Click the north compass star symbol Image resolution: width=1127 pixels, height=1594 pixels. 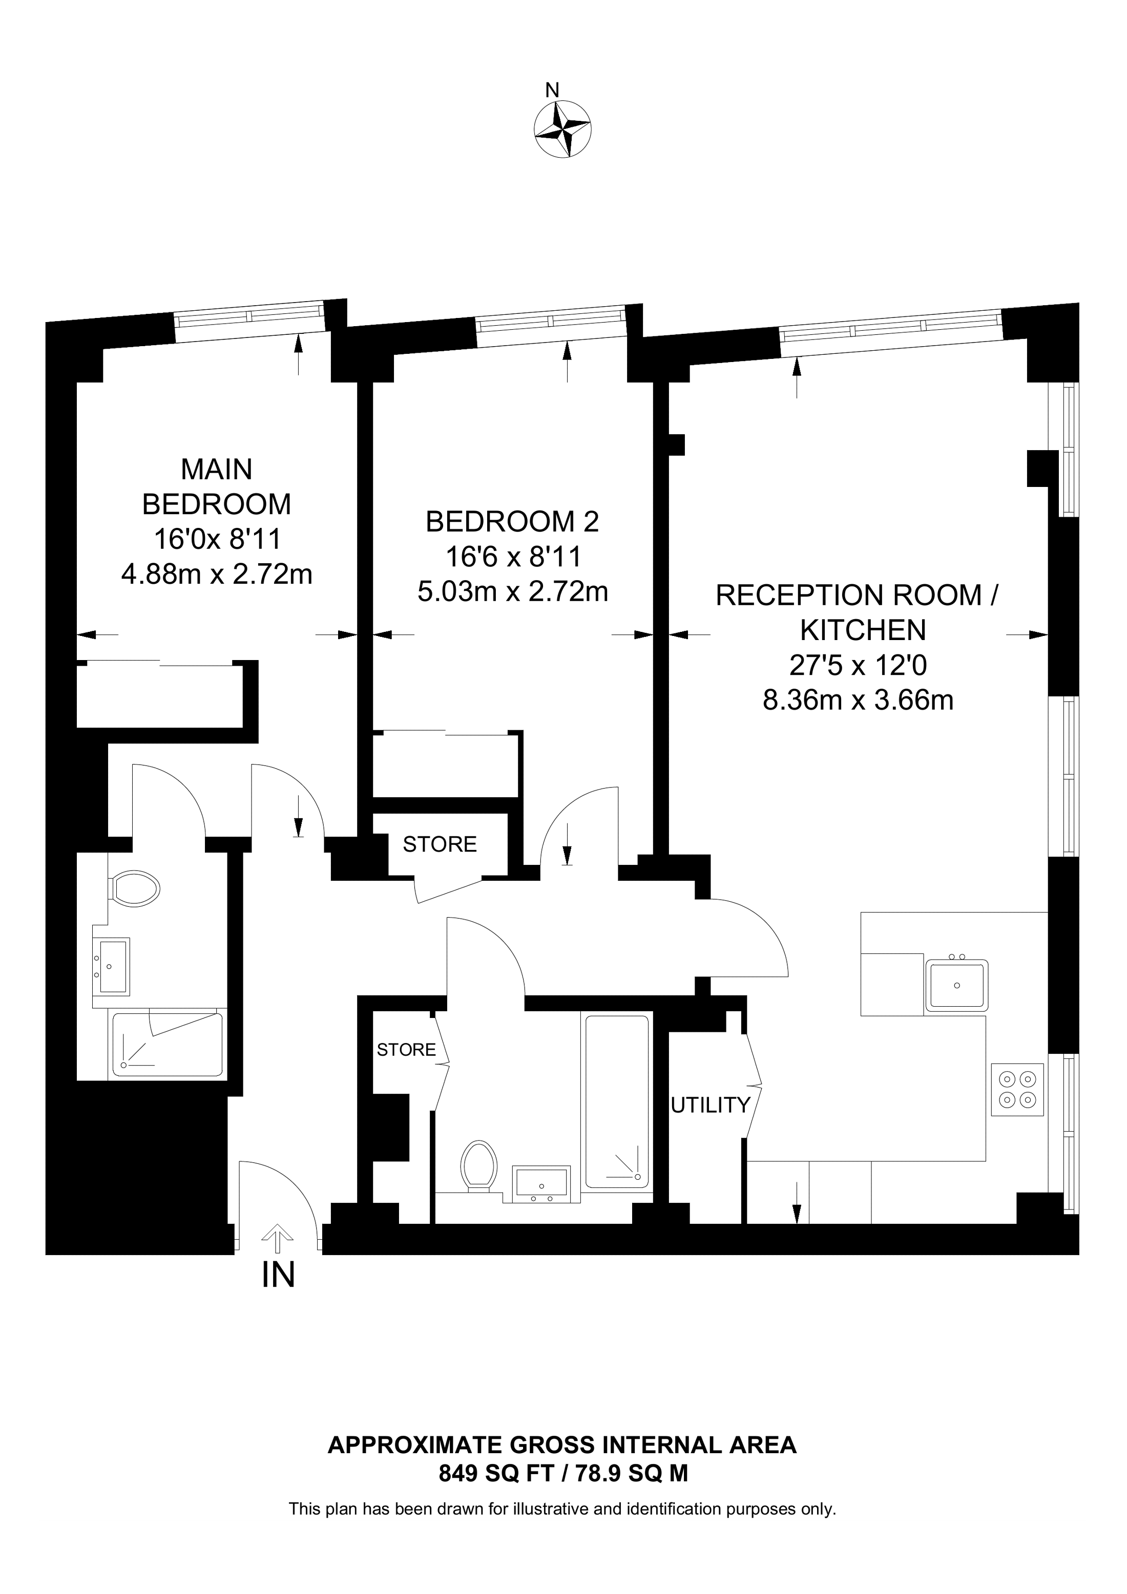point(562,129)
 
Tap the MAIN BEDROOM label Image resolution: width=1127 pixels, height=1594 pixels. point(217,486)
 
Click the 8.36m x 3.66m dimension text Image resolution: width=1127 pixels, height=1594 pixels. point(858,700)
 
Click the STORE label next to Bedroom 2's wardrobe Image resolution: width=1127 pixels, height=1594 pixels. point(440,844)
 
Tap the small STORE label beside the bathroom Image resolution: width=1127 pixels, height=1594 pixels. point(406,1050)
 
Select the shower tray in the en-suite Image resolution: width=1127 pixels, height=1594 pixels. point(166,1045)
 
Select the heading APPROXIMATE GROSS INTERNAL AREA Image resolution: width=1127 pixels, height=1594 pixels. point(562,1444)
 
